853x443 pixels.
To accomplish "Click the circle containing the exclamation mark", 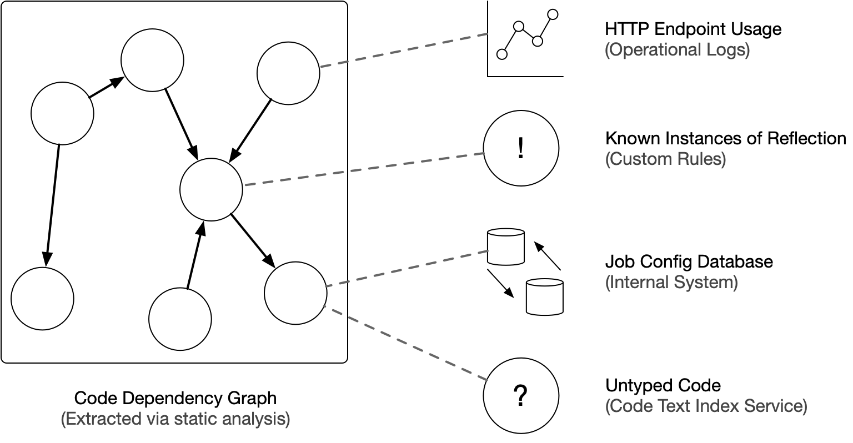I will click(x=520, y=149).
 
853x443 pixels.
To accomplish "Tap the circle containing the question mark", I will click(x=520, y=396).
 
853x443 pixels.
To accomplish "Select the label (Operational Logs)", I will click(x=677, y=50).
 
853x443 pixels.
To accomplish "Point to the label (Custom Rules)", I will click(x=665, y=159).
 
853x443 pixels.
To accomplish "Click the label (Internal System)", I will click(x=671, y=282).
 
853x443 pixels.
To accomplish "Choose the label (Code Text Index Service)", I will click(x=706, y=406).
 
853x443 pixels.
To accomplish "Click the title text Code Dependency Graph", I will click(x=175, y=398).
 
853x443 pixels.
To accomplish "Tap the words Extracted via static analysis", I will click(x=175, y=419).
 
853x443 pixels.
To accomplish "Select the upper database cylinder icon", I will click(x=506, y=246).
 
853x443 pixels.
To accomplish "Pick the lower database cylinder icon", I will click(x=544, y=297).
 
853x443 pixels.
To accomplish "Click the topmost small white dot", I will click(x=553, y=14).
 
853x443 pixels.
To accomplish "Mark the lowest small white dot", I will click(x=502, y=54).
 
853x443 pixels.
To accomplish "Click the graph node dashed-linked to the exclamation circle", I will click(x=211, y=189).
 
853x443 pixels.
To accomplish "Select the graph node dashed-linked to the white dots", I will click(x=288, y=73).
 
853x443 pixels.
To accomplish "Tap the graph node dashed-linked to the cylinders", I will click(x=295, y=293).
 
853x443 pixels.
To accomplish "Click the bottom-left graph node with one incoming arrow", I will click(x=42, y=298).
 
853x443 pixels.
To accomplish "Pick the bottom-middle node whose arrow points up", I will click(x=180, y=319).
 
